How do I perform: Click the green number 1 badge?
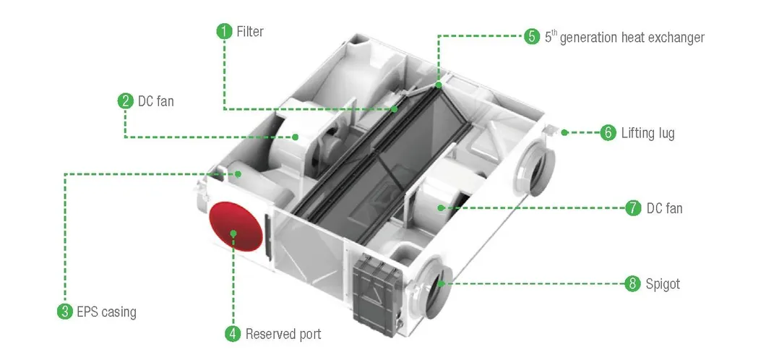click(225, 32)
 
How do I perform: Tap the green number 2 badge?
click(126, 101)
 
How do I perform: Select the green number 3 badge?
click(65, 312)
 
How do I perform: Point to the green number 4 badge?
click(233, 334)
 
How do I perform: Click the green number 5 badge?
click(532, 37)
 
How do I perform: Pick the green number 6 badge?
click(608, 133)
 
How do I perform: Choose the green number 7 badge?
click(633, 208)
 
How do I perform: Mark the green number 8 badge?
click(633, 284)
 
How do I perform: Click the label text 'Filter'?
click(250, 33)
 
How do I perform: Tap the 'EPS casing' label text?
click(106, 313)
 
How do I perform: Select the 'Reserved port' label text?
click(283, 334)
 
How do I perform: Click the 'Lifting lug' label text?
click(648, 134)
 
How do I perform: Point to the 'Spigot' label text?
click(664, 284)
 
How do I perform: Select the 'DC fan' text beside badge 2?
click(156, 102)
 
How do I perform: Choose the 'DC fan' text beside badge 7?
click(665, 209)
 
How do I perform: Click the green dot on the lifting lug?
click(564, 132)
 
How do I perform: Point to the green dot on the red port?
click(233, 232)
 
